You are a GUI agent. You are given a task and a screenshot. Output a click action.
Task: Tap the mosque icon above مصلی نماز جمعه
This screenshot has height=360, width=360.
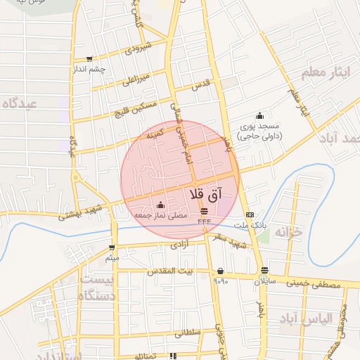point(160,205)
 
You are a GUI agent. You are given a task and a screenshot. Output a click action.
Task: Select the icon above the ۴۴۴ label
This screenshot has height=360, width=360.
point(204,211)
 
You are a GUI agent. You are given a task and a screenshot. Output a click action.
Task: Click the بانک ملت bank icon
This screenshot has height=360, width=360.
point(250,215)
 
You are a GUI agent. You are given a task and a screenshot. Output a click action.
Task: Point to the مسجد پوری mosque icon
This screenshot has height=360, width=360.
point(260,116)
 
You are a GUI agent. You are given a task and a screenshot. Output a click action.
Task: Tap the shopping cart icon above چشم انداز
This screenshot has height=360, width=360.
point(89,59)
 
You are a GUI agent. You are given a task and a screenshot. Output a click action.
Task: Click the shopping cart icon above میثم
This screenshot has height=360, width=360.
point(112,247)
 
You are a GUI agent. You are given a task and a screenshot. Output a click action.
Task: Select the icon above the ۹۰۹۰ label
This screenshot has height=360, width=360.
point(221,271)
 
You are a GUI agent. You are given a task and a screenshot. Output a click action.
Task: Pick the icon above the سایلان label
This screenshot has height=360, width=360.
point(264,271)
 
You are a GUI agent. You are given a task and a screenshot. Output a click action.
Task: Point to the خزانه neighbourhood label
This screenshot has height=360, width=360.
point(288,231)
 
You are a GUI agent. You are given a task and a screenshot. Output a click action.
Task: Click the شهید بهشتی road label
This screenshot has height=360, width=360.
point(83,213)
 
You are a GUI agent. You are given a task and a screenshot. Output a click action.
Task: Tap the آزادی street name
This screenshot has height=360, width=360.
point(176,246)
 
